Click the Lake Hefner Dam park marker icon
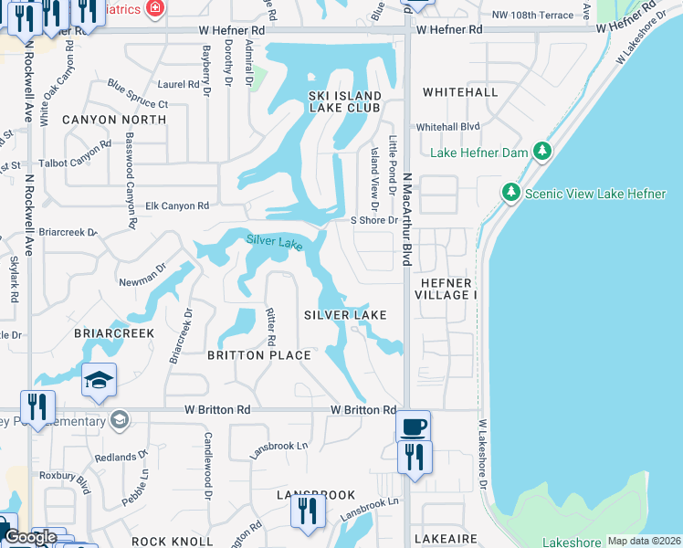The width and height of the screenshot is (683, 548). click(542, 151)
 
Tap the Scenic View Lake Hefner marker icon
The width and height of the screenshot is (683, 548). click(510, 192)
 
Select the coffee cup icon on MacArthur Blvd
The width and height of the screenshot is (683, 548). click(413, 426)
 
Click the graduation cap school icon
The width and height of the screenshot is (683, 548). click(99, 382)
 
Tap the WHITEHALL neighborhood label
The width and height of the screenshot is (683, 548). click(459, 92)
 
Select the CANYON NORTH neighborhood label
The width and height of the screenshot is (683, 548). click(114, 120)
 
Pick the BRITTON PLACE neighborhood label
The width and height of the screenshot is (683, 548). click(258, 355)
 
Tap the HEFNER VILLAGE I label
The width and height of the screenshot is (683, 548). click(445, 289)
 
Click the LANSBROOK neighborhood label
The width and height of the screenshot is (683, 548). click(316, 495)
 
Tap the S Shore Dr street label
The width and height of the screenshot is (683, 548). click(375, 220)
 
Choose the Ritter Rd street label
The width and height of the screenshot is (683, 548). click(271, 326)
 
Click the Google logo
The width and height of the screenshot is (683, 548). click(31, 537)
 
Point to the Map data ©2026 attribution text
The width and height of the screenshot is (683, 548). click(643, 541)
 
